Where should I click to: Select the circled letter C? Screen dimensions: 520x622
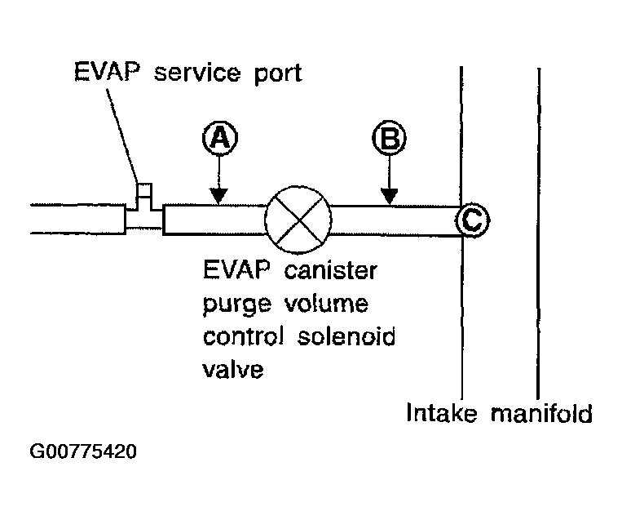(x=473, y=219)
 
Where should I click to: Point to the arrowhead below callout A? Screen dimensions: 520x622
(x=218, y=196)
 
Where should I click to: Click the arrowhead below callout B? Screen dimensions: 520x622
(x=390, y=196)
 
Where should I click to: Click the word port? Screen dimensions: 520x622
(x=274, y=73)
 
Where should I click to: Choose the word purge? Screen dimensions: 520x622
(x=237, y=306)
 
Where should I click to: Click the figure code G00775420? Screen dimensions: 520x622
(x=83, y=451)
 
